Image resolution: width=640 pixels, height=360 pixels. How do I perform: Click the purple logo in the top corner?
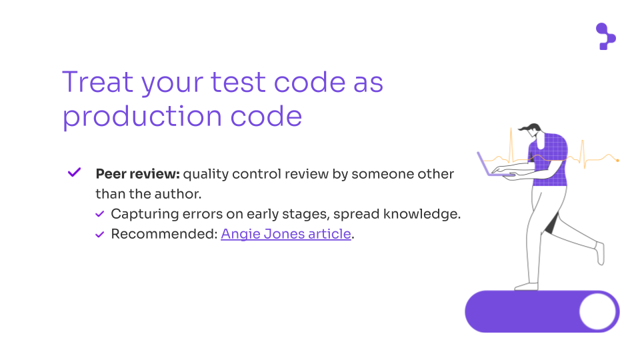606,36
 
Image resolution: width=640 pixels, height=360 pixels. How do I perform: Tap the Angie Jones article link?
286,234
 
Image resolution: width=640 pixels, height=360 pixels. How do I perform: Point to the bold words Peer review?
137,174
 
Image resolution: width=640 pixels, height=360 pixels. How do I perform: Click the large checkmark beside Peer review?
74,172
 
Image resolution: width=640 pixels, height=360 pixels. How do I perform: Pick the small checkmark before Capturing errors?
99,214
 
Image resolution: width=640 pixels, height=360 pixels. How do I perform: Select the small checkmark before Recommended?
99,234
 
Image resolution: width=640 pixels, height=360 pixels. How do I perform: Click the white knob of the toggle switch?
597,312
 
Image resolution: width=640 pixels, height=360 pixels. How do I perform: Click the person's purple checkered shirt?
548,159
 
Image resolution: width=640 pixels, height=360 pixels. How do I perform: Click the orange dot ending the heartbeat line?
617,161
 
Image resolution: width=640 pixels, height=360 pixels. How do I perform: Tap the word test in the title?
238,83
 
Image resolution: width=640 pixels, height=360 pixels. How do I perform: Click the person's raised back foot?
599,253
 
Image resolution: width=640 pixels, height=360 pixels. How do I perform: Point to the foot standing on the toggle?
526,287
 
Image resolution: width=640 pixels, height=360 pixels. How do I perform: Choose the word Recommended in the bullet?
164,234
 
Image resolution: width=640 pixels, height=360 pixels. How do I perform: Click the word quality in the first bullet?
206,174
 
